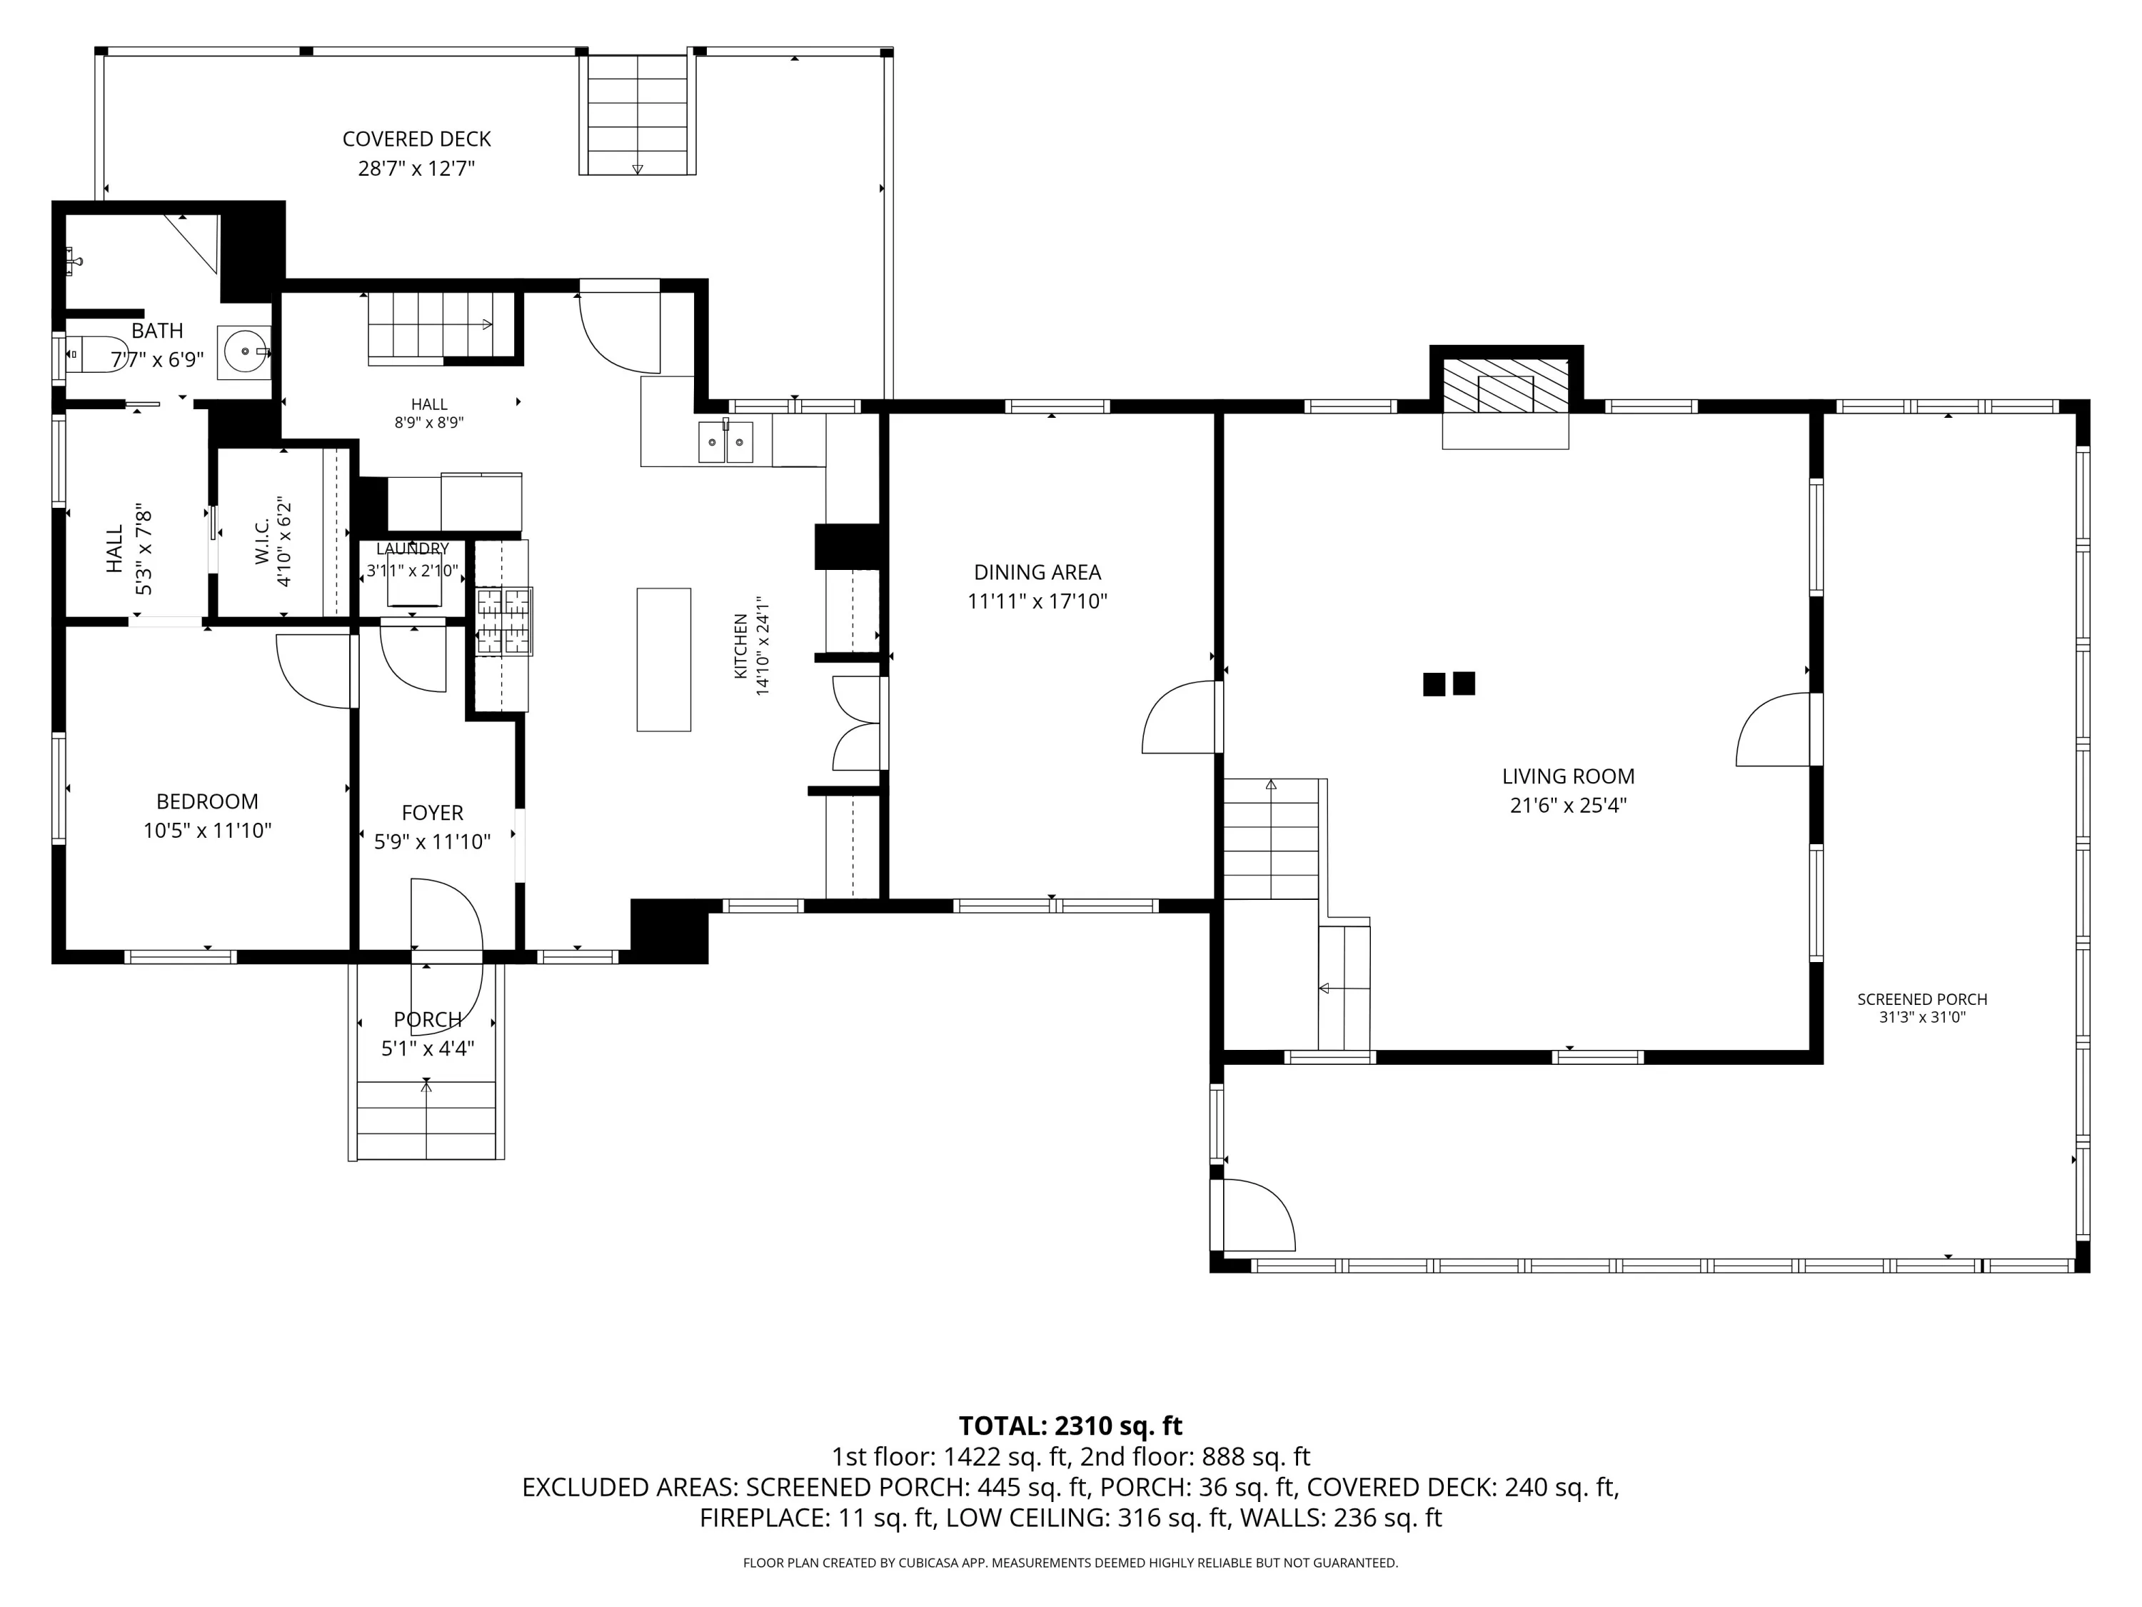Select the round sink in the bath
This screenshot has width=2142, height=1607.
click(x=244, y=351)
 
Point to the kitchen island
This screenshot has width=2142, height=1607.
click(x=664, y=660)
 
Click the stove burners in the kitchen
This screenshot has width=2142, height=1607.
click(x=503, y=620)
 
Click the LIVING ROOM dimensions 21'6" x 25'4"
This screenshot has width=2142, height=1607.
click(x=1568, y=805)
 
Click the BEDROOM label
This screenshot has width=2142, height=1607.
click(x=207, y=802)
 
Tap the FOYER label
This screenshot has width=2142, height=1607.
click(x=432, y=813)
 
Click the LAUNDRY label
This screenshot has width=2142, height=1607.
click(x=413, y=549)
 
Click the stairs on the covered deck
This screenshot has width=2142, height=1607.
click(x=637, y=114)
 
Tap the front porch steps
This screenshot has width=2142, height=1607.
click(x=427, y=1118)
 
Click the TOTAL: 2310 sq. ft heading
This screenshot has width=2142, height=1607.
click(x=1070, y=1426)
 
